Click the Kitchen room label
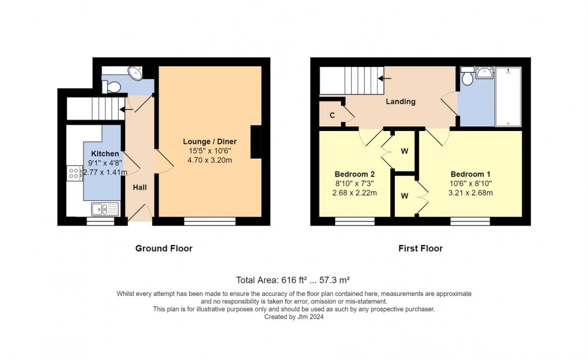[x=105, y=154]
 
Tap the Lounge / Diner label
[x=210, y=141]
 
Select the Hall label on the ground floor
[x=140, y=187]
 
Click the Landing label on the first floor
[x=400, y=102]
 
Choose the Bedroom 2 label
[x=355, y=174]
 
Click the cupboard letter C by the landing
[x=332, y=115]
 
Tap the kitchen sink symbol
[x=104, y=209]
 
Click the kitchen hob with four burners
[x=75, y=173]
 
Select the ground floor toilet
[x=112, y=87]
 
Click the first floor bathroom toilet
[x=466, y=77]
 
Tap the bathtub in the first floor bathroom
[x=508, y=97]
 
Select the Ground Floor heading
[x=164, y=249]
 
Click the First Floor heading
[x=420, y=249]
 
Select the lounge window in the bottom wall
[x=210, y=220]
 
